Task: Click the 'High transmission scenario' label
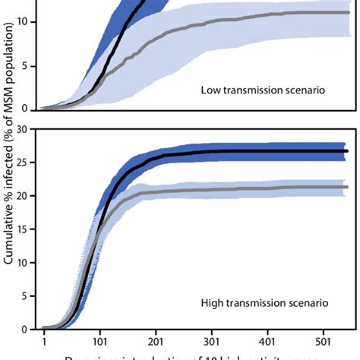click(264, 303)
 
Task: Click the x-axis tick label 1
click(45, 343)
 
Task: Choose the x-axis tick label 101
click(100, 343)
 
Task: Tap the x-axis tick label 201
click(156, 343)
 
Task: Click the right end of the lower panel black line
click(346, 151)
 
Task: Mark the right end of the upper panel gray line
click(349, 12)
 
